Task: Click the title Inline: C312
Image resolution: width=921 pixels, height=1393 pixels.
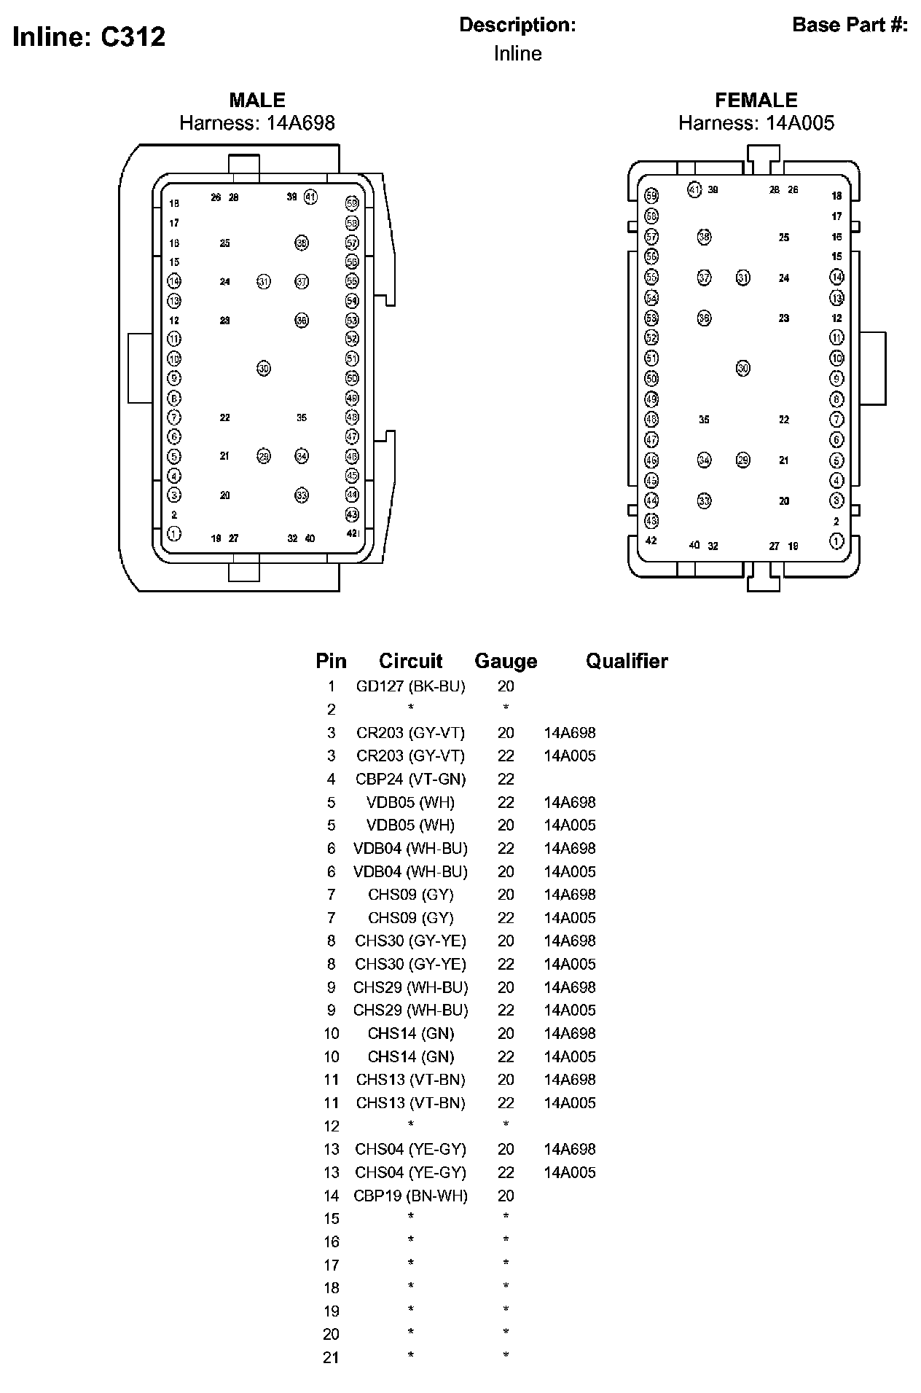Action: click(x=89, y=36)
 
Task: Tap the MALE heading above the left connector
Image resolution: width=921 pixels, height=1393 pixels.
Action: click(x=257, y=100)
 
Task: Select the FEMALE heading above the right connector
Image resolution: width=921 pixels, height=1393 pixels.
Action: click(x=756, y=100)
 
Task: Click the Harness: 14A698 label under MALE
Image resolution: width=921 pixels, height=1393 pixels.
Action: click(x=257, y=122)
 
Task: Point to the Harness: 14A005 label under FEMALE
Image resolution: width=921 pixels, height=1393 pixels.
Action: click(x=756, y=122)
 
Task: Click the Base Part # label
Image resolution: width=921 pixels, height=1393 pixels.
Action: click(x=850, y=25)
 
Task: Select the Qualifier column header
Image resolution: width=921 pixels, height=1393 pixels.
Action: click(x=627, y=661)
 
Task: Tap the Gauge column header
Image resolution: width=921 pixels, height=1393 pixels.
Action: click(x=506, y=661)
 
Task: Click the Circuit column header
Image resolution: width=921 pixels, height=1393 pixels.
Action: click(x=410, y=661)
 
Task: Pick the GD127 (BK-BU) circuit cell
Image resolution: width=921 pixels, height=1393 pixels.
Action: click(x=410, y=686)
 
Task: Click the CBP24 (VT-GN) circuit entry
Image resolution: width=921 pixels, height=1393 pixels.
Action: click(x=410, y=779)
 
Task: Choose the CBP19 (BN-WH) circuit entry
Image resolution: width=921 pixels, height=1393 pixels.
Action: click(x=410, y=1196)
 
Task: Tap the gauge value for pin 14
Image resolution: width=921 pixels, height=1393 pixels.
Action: click(x=506, y=1196)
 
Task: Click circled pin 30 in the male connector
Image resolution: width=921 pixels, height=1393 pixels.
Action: click(x=264, y=369)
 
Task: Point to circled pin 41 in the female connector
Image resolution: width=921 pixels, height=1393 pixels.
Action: click(x=694, y=190)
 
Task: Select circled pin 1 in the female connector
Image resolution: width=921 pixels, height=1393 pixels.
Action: click(x=836, y=541)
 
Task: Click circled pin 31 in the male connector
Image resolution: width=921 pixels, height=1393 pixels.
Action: click(x=264, y=281)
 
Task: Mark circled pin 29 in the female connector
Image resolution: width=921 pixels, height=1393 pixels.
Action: click(x=742, y=460)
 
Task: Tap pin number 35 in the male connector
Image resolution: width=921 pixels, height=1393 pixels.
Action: click(x=302, y=417)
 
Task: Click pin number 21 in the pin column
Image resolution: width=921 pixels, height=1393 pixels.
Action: click(x=331, y=1357)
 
